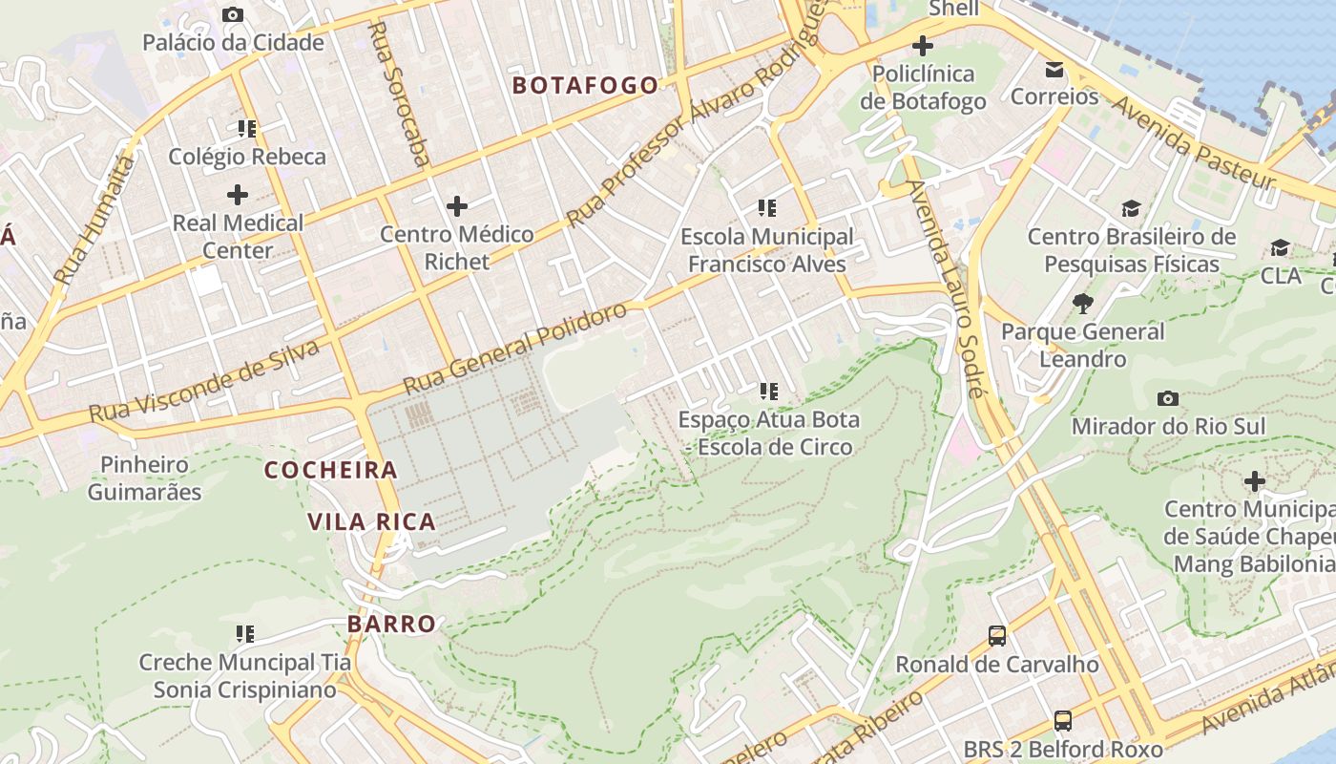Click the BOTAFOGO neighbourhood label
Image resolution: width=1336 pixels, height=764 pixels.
(x=585, y=85)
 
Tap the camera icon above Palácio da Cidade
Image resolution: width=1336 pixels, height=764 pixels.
(x=232, y=14)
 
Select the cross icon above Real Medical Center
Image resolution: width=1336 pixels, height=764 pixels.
(x=237, y=195)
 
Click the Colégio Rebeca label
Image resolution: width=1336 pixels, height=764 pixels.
(x=247, y=157)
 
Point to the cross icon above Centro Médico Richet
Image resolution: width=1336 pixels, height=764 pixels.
(x=457, y=205)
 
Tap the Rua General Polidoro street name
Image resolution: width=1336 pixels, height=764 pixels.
(x=515, y=349)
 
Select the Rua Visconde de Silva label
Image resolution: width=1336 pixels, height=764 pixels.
(x=204, y=381)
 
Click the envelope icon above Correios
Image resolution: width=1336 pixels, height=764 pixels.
(x=1054, y=70)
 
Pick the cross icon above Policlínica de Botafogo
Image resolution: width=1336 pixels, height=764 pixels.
(x=923, y=46)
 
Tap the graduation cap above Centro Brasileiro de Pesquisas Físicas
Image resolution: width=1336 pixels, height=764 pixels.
(x=1131, y=208)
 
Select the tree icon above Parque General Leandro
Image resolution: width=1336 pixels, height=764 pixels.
(x=1082, y=304)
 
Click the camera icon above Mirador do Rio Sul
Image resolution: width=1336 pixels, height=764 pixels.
(x=1167, y=398)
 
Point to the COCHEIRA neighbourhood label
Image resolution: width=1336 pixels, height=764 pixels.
(x=330, y=470)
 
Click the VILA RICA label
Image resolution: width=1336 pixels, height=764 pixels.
(x=371, y=521)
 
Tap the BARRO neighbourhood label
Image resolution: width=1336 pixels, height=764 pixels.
(x=391, y=624)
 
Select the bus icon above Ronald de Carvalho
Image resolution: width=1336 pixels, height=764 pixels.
(x=997, y=635)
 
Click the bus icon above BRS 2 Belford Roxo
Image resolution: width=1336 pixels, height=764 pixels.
(x=1062, y=720)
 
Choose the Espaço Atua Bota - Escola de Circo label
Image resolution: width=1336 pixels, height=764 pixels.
(x=768, y=433)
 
